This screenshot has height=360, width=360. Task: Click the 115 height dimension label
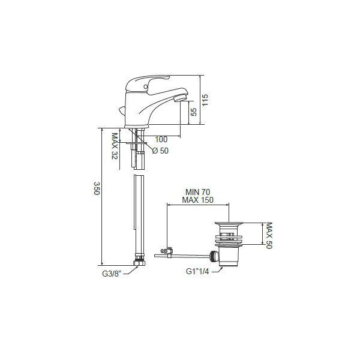click(x=205, y=100)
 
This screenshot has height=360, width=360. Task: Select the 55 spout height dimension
click(x=194, y=112)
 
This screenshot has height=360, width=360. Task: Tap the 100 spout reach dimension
click(x=161, y=139)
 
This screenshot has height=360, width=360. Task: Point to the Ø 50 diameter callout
click(x=160, y=151)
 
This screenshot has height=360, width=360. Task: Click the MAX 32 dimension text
click(x=115, y=146)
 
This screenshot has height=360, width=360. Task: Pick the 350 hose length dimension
click(x=97, y=188)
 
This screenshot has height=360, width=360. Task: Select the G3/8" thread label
click(x=112, y=274)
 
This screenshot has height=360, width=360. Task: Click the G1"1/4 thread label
click(x=197, y=272)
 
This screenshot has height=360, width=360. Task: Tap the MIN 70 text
click(x=197, y=192)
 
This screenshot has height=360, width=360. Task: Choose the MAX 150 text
click(x=197, y=200)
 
